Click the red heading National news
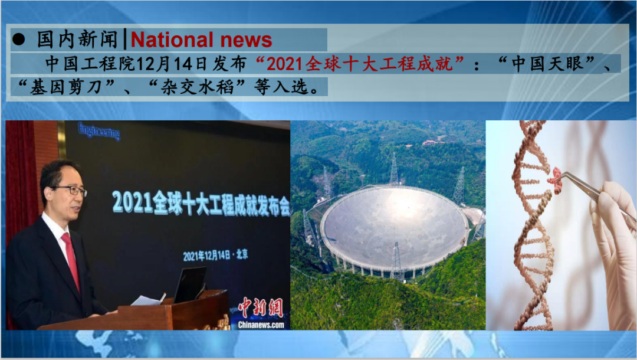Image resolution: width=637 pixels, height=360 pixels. [201, 40]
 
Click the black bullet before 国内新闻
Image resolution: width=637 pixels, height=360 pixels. [19, 40]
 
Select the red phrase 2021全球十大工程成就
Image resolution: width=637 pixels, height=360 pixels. [360, 64]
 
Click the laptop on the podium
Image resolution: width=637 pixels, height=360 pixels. [190, 285]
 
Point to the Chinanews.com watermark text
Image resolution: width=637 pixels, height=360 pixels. [261, 325]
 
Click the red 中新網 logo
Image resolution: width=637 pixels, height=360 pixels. [261, 307]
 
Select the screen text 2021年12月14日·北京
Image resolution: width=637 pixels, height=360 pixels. [215, 255]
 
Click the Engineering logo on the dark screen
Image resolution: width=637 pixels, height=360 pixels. [99, 131]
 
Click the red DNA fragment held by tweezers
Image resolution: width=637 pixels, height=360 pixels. [555, 179]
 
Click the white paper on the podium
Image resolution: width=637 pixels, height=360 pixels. [148, 300]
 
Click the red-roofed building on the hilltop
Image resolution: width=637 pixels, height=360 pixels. [431, 142]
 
